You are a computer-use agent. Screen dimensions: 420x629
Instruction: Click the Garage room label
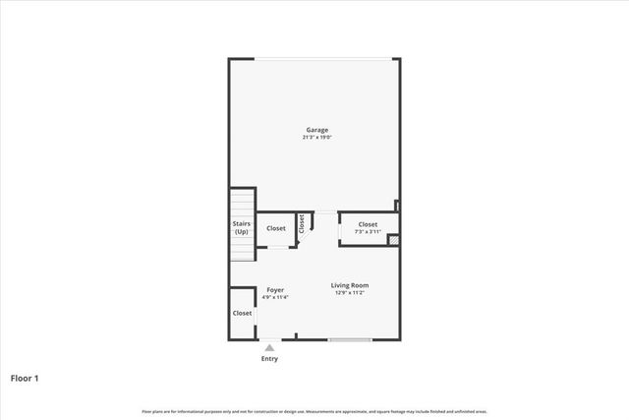315,130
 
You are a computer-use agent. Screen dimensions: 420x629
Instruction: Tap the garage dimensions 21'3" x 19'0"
315,138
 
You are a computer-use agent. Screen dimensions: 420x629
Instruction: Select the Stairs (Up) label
241,227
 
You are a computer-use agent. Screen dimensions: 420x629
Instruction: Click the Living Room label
350,285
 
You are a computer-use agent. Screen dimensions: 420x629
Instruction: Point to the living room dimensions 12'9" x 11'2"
350,293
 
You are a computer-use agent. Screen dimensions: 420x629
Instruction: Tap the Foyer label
275,289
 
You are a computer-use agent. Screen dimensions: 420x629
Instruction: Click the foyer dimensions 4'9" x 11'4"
275,297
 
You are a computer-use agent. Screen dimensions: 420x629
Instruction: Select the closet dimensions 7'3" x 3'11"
368,232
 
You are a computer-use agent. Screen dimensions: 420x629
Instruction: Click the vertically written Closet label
302,223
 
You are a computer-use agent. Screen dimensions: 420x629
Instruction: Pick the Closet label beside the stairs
276,228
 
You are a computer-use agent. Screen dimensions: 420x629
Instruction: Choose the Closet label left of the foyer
242,313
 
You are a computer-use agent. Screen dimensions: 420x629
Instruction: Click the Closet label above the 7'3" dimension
368,224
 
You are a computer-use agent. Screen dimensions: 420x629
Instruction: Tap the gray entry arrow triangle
269,346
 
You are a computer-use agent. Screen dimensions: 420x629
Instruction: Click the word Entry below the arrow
269,359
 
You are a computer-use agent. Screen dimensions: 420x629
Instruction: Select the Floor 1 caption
25,378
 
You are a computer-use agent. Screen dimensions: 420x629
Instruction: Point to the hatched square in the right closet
393,239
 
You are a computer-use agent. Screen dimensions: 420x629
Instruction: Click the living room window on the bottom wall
350,340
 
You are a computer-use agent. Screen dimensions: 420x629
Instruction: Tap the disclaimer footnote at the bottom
314,411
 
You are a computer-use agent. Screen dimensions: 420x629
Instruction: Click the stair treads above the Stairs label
241,205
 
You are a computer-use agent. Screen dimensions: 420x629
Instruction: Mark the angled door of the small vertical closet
306,237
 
